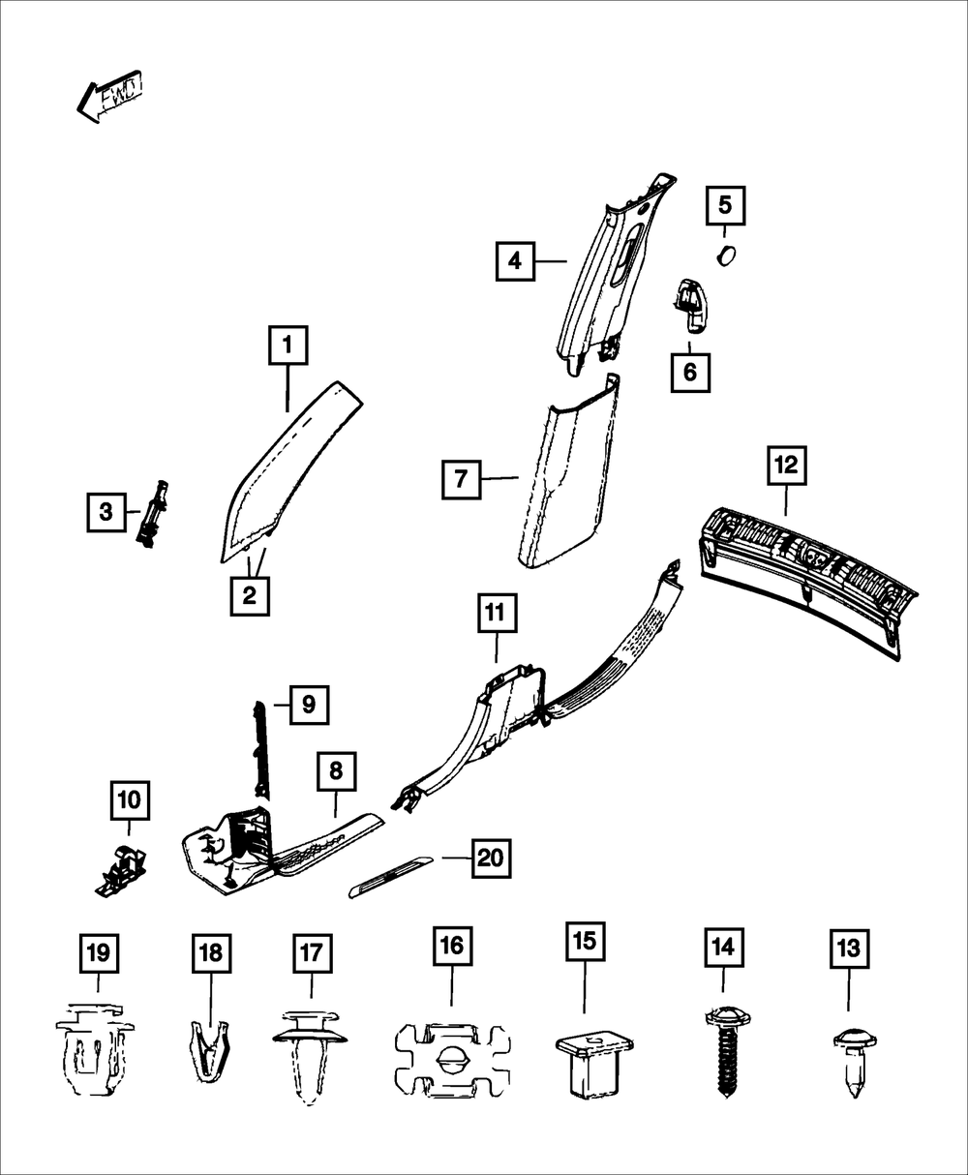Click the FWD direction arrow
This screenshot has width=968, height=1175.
tap(109, 96)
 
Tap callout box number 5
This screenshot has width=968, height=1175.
tap(725, 206)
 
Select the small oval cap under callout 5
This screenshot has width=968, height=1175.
tap(727, 256)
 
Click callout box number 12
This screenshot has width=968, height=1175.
tap(787, 466)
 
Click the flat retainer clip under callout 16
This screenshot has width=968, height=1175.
tap(453, 1063)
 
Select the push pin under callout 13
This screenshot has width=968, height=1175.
tap(855, 1062)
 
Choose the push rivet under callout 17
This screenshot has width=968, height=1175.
tap(310, 1058)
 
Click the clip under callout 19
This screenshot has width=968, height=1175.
tap(95, 1049)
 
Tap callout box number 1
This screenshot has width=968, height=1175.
tap(288, 345)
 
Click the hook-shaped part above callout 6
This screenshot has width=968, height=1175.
tap(692, 305)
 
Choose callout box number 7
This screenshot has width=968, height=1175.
tap(462, 479)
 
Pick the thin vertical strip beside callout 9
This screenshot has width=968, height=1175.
tap(261, 749)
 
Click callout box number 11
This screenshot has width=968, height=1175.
tap(497, 613)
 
